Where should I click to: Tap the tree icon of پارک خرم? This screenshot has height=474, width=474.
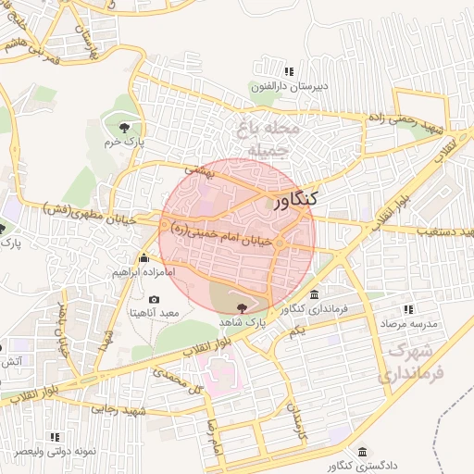[124, 127]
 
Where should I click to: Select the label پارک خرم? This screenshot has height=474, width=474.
[125, 143]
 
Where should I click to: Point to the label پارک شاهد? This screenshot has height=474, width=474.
[243, 319]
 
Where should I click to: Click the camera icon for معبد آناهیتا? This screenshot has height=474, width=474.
[153, 300]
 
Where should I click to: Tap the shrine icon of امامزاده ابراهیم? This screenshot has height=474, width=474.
[143, 258]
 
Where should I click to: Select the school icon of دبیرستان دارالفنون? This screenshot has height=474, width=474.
[290, 71]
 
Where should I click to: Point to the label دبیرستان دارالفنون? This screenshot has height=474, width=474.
[290, 87]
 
